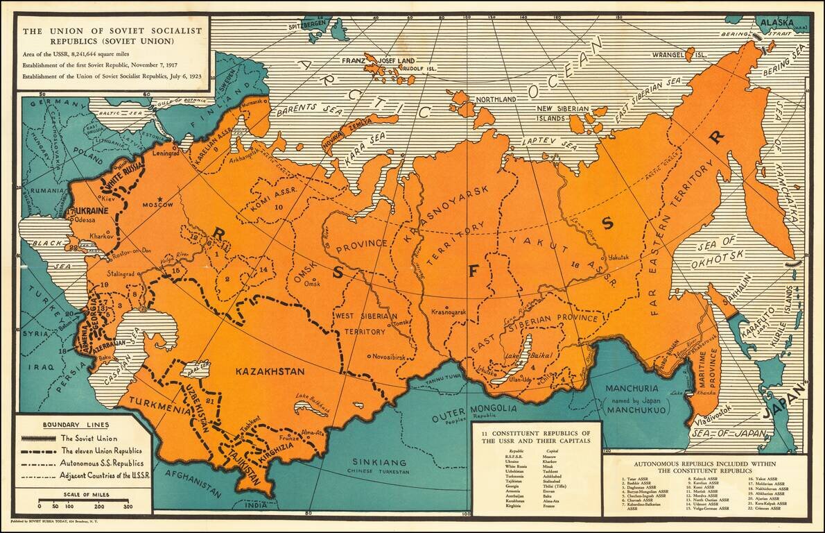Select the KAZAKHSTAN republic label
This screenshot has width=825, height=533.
[270, 372]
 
